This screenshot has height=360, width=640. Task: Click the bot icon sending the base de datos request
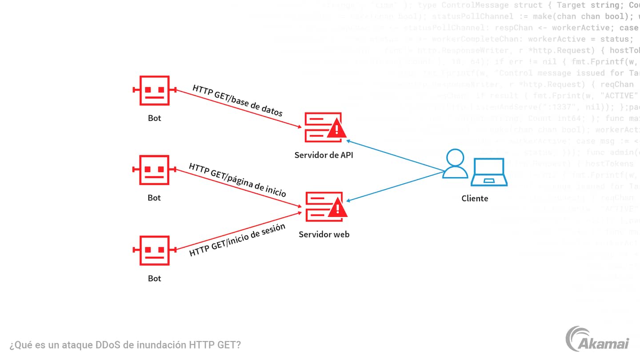point(154,90)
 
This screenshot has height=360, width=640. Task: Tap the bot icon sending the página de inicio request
point(154,170)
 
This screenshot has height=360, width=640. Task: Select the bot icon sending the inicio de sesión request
point(154,250)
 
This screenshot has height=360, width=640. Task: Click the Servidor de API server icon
point(319,126)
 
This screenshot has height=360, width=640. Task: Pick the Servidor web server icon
point(319,206)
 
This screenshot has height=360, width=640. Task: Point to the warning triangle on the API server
point(337,129)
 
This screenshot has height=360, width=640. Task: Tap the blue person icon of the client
point(456,164)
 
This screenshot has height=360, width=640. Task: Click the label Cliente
point(475,198)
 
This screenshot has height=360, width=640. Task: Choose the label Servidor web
point(324,234)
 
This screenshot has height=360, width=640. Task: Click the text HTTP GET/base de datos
point(237,100)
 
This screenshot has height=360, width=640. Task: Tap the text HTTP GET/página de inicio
point(237,180)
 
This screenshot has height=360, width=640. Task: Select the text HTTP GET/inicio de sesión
point(237,240)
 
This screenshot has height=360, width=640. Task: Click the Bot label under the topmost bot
point(154,118)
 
